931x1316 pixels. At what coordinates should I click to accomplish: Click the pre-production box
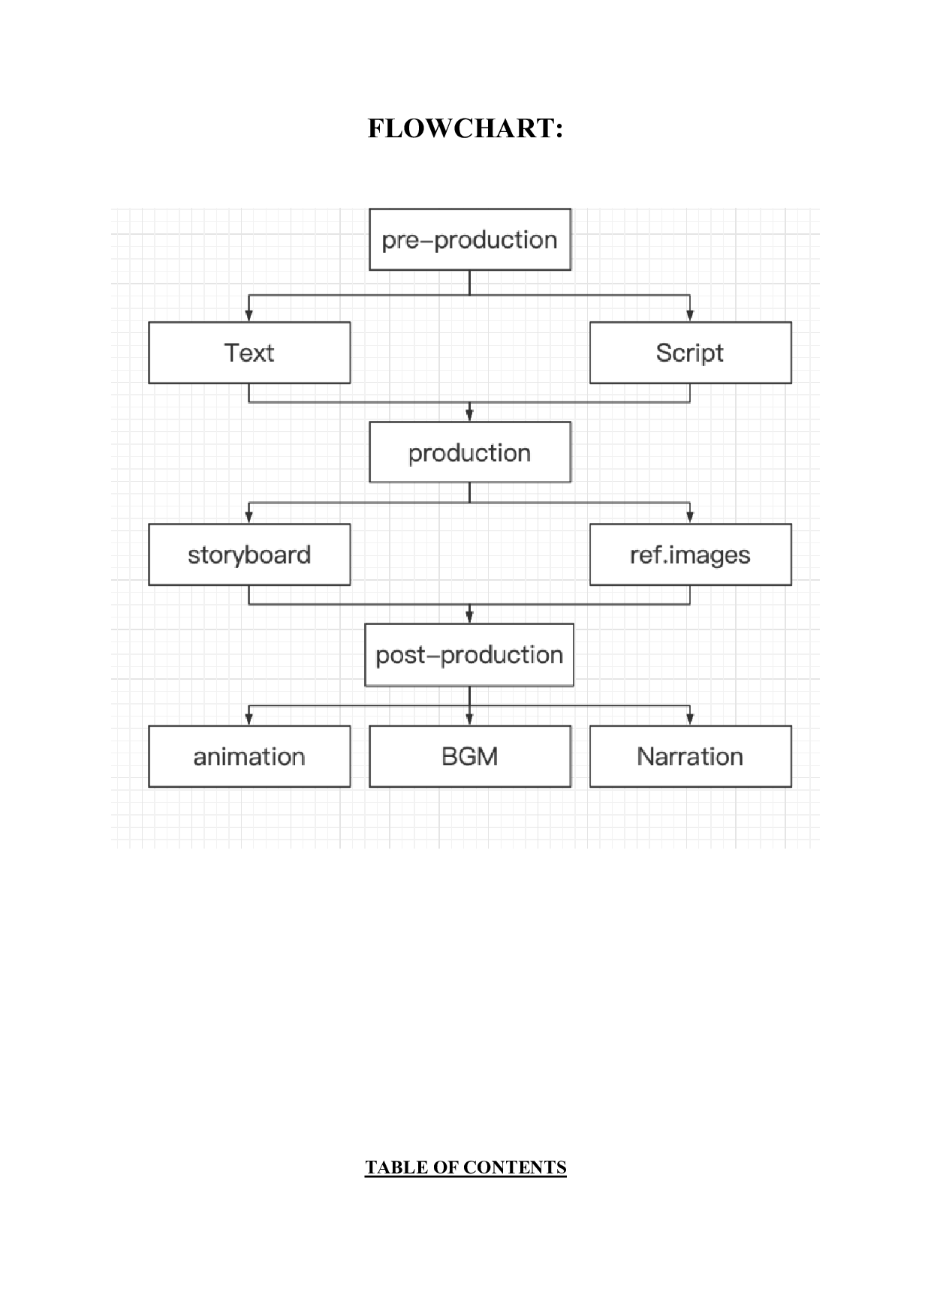(470, 240)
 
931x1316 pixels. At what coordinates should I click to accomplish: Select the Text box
(249, 353)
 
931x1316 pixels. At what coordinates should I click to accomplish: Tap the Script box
(690, 353)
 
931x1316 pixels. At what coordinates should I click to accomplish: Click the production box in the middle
(470, 452)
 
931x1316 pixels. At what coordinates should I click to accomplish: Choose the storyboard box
(249, 554)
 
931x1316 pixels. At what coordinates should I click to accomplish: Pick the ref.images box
(690, 554)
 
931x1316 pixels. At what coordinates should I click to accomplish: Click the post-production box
(469, 655)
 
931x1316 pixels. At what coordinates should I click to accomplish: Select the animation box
(249, 756)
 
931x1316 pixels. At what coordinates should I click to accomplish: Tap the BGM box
(470, 756)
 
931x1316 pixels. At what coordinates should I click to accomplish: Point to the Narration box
(690, 756)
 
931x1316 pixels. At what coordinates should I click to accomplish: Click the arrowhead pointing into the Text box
(249, 316)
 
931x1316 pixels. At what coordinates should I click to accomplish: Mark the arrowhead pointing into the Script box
(690, 316)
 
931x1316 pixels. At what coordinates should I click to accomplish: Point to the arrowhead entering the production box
(470, 415)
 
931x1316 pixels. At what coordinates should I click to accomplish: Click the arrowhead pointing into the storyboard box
(249, 517)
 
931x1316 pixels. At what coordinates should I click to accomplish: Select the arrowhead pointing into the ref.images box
(690, 517)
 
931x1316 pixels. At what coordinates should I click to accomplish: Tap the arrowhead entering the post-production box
(470, 617)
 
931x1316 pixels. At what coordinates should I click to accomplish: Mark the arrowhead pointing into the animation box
(249, 719)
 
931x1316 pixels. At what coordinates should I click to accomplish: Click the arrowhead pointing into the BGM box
(470, 719)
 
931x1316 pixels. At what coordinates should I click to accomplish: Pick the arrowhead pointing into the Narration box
(690, 719)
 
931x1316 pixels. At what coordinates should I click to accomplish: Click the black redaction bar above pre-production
(465, 163)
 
